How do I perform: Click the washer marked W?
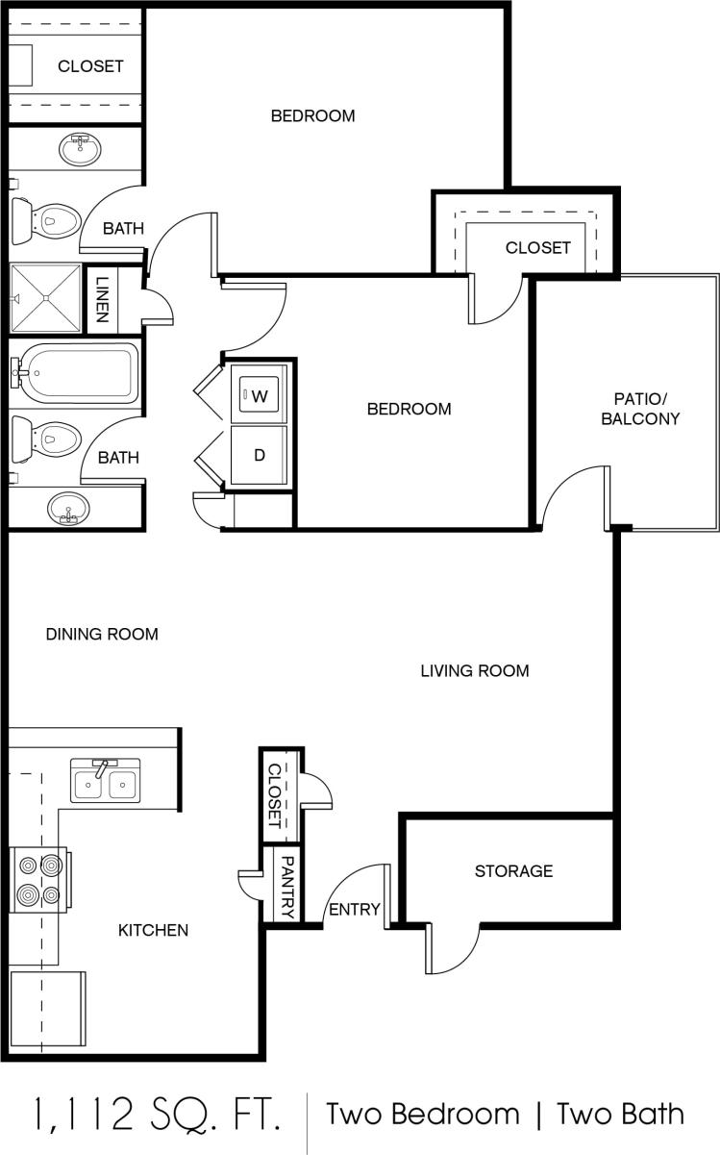click(x=260, y=394)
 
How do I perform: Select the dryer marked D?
click(x=260, y=455)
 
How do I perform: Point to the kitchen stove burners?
click(x=38, y=879)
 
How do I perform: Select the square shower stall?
click(x=44, y=299)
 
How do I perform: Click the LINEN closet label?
click(x=103, y=300)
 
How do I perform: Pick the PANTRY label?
click(x=287, y=883)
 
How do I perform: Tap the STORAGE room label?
click(x=513, y=871)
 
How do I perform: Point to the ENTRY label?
click(x=355, y=910)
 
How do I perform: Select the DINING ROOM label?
click(x=102, y=635)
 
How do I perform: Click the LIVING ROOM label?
click(x=475, y=671)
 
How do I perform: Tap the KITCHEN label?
click(x=153, y=930)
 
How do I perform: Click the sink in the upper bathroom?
click(x=80, y=147)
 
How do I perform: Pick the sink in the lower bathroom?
click(x=68, y=507)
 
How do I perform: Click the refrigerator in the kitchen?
click(x=46, y=1013)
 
